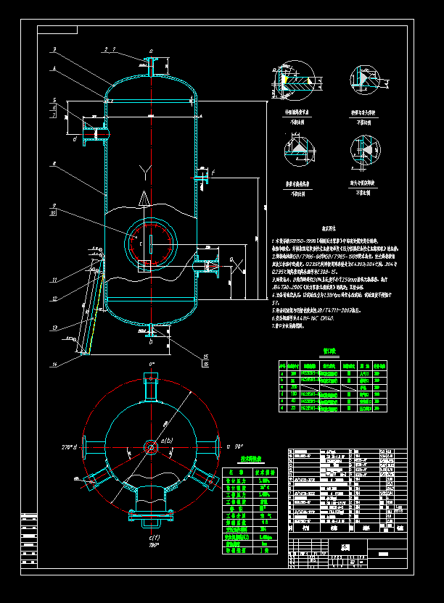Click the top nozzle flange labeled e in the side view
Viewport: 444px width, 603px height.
click(x=150, y=62)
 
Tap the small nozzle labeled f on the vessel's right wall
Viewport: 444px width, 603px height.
click(x=202, y=176)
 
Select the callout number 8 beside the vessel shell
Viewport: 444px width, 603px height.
click(x=54, y=165)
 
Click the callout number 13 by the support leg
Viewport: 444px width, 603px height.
click(x=53, y=328)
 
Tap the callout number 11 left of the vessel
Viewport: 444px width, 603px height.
click(x=54, y=280)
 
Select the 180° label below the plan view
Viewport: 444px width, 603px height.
click(x=153, y=545)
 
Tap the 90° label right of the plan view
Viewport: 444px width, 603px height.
click(x=237, y=447)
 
